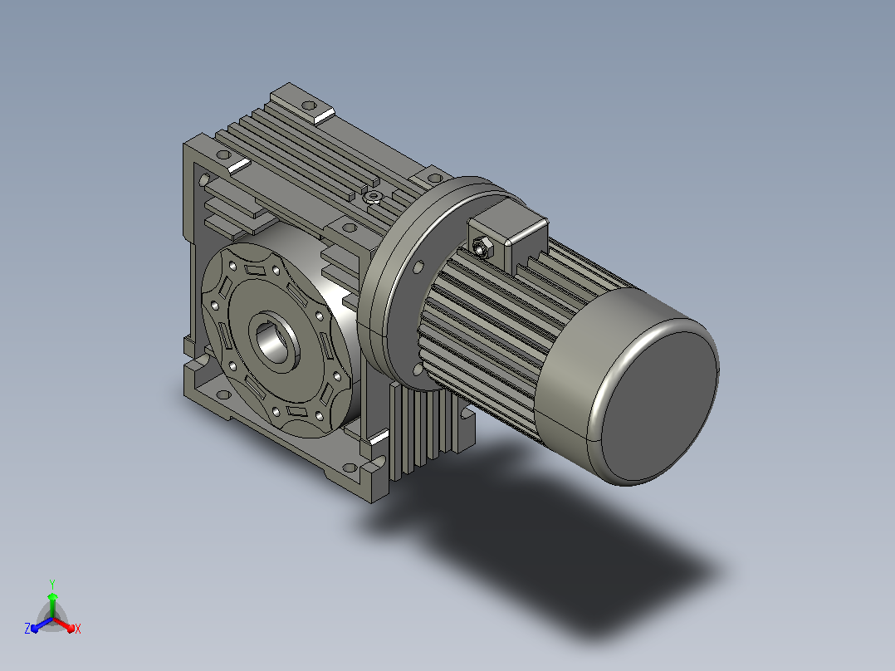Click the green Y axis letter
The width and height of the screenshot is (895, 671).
[x=52, y=584]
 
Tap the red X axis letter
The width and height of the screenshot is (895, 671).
[x=78, y=629]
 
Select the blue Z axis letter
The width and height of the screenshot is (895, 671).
[x=27, y=629]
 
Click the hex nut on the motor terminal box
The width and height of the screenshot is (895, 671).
[x=482, y=247]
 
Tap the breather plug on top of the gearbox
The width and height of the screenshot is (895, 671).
[x=372, y=198]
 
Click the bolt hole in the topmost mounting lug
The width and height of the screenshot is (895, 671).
[x=308, y=105]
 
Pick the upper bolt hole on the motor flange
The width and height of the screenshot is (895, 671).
[x=419, y=267]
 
